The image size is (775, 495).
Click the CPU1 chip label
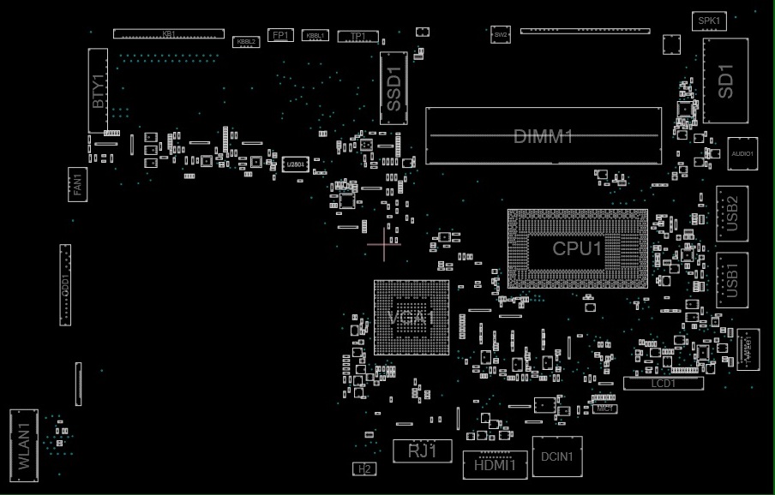click(x=577, y=248)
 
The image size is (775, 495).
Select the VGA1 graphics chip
click(x=412, y=317)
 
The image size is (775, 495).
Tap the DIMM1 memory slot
click(x=544, y=136)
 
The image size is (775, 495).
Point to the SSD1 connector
click(x=394, y=88)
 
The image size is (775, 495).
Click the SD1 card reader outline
click(x=725, y=81)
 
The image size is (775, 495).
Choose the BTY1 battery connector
click(x=98, y=91)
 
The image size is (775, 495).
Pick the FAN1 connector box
click(x=77, y=184)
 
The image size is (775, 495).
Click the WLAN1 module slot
click(x=24, y=442)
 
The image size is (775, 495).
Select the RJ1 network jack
click(x=422, y=450)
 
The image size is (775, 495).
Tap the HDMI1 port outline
click(x=495, y=464)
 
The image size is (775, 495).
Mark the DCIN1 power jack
click(x=557, y=456)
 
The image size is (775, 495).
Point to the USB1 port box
click(x=731, y=279)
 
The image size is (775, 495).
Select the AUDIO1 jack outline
click(x=742, y=153)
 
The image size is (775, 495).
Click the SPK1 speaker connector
click(x=709, y=21)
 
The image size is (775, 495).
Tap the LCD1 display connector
click(x=663, y=384)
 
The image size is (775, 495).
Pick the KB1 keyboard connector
click(x=169, y=33)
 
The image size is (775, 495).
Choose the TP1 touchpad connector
click(x=358, y=36)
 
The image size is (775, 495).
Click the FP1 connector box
click(x=280, y=35)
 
